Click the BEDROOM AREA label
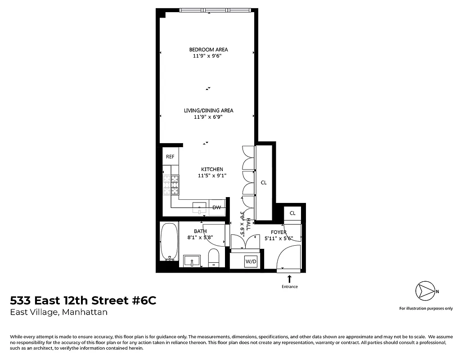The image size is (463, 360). [x=208, y=49]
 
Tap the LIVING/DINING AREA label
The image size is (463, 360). [x=208, y=110]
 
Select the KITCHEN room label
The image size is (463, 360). [x=212, y=169]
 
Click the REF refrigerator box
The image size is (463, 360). [x=170, y=157]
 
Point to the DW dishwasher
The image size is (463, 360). [x=217, y=207]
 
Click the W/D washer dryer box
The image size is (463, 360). [x=251, y=261]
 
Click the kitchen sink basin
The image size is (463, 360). [x=199, y=207]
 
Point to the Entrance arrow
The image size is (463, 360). [x=289, y=279]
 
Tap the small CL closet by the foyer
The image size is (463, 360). [x=292, y=213]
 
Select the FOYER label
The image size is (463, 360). [x=279, y=232]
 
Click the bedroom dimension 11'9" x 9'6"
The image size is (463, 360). [x=207, y=56]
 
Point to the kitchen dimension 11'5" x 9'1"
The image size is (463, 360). [x=212, y=176]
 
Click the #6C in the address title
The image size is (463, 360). [x=144, y=301]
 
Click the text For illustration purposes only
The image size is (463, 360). [x=426, y=309]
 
